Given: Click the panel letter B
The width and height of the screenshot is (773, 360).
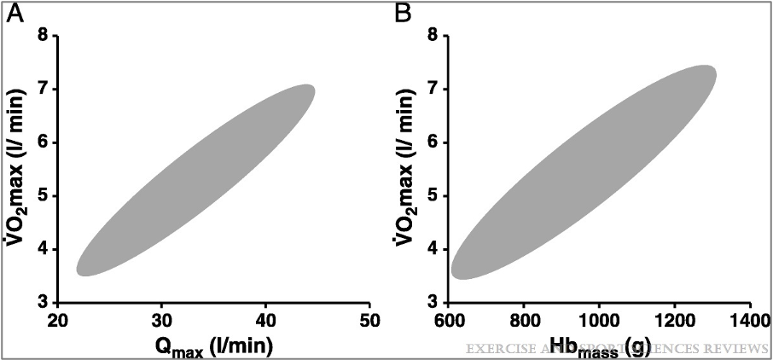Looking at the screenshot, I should [x=402, y=14].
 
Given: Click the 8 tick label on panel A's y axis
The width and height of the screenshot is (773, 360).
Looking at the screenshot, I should [x=43, y=36].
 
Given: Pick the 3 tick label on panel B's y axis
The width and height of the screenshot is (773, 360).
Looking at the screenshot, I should [x=433, y=303].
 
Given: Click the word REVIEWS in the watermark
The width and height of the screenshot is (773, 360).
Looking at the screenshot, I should [x=739, y=348].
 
